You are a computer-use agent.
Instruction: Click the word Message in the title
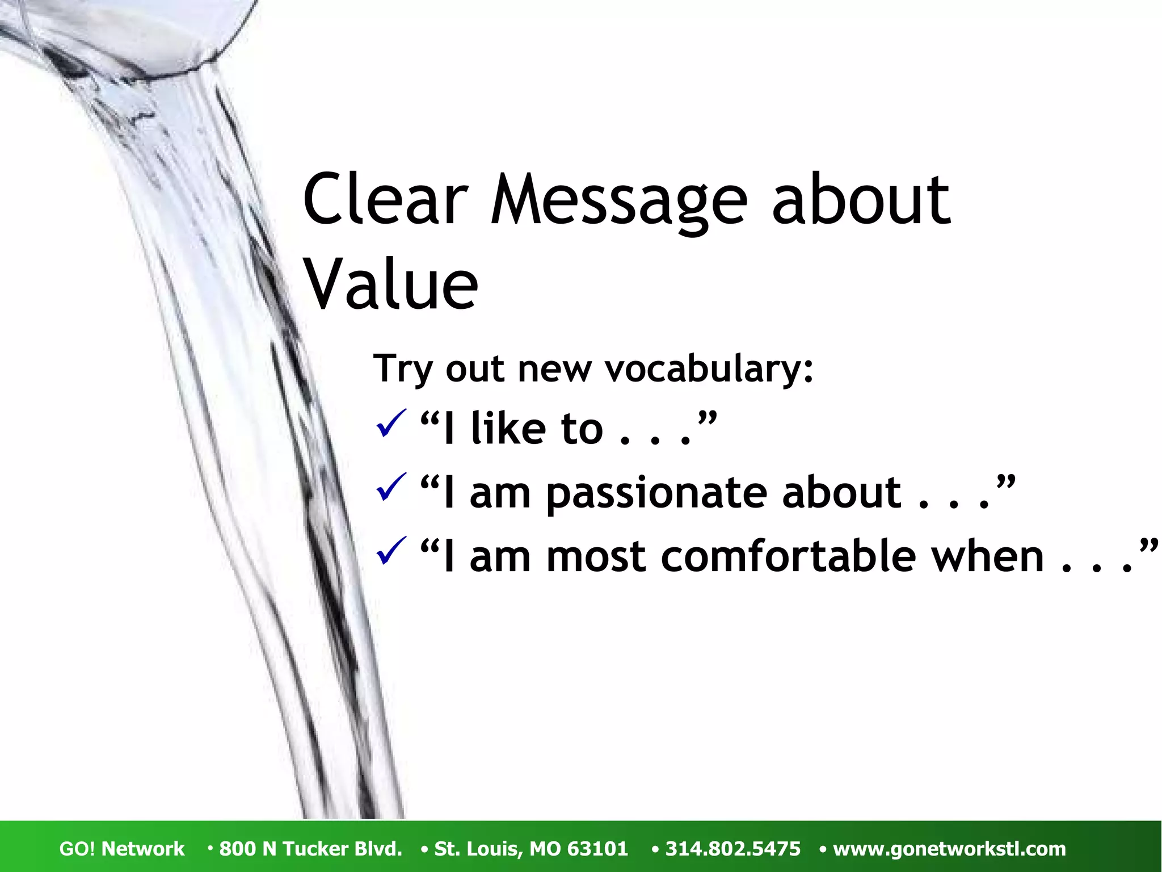click(618, 200)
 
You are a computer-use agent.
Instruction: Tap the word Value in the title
click(391, 284)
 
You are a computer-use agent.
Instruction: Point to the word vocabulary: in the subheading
click(709, 369)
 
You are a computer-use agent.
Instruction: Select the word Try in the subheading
click(403, 369)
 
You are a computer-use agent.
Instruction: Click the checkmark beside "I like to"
click(391, 424)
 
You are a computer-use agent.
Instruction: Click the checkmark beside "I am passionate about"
click(391, 487)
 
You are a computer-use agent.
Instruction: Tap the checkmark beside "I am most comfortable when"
click(391, 551)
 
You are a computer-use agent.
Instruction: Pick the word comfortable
click(789, 556)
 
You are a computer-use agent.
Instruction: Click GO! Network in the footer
click(122, 849)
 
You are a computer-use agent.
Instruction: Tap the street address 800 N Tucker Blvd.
click(310, 849)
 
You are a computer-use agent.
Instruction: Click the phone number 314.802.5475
click(732, 849)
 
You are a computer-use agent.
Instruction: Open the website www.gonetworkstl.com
click(949, 849)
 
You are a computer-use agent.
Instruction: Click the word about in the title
click(860, 200)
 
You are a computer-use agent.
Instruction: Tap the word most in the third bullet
click(596, 556)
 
